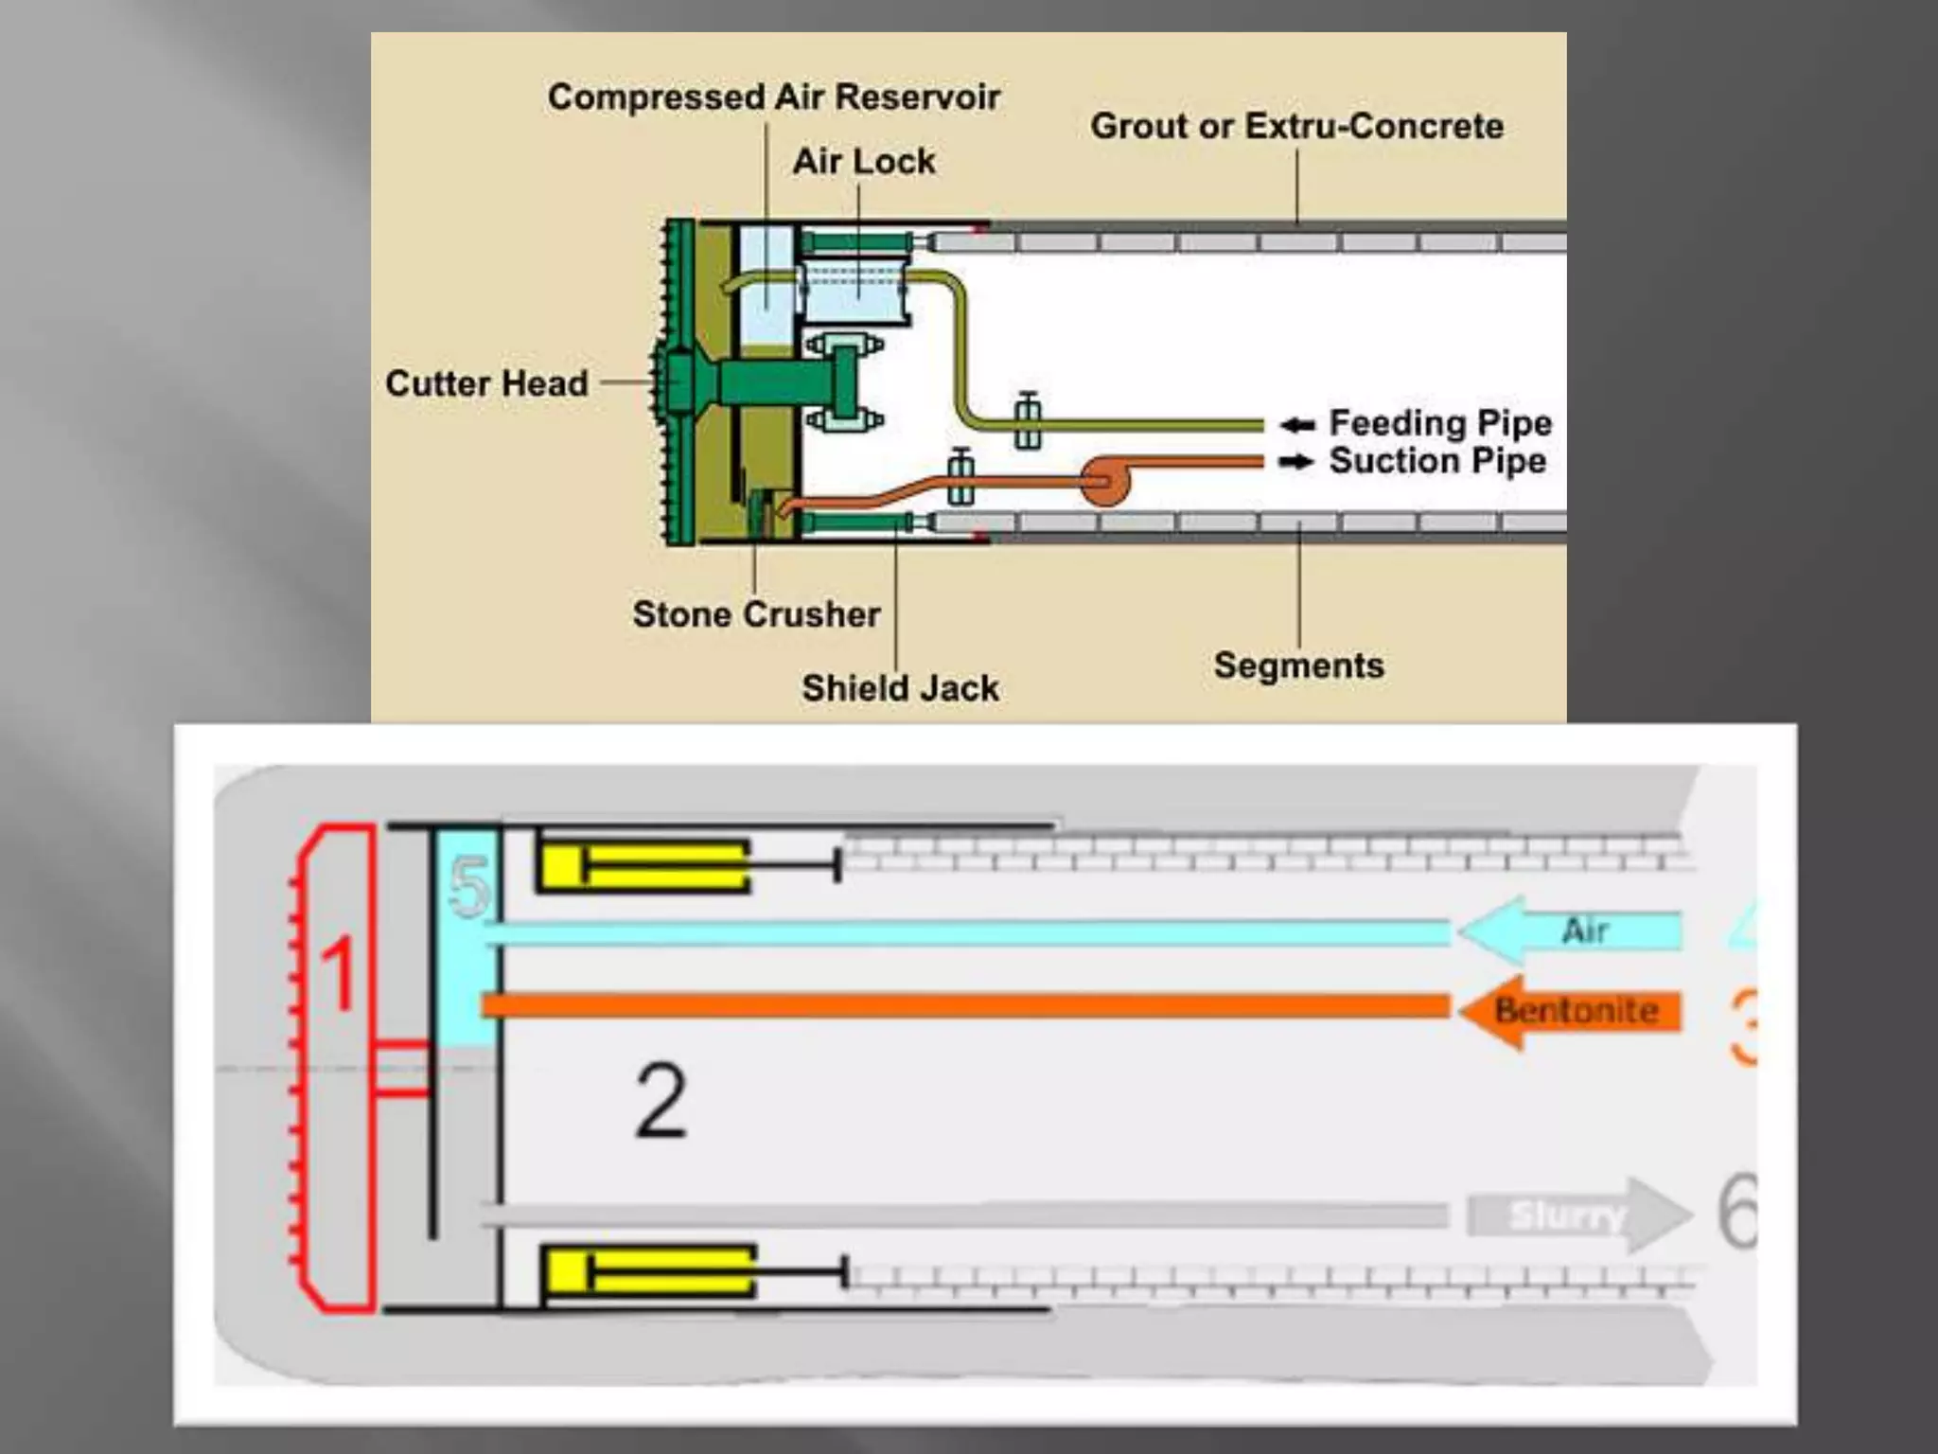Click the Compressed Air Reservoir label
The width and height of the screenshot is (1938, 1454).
point(773,98)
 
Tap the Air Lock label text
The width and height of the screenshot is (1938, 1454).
point(863,162)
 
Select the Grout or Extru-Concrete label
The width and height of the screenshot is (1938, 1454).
point(1296,126)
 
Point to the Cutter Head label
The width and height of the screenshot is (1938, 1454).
point(486,383)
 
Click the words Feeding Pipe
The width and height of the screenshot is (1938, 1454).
point(1439,423)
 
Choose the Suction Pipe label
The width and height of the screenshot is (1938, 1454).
point(1437,461)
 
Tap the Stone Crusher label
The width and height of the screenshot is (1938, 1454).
point(756,614)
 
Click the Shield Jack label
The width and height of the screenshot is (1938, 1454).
point(900,688)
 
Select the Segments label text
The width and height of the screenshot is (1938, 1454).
point(1298,665)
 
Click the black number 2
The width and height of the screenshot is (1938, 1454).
point(661,1100)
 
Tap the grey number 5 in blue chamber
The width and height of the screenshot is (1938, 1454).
point(469,887)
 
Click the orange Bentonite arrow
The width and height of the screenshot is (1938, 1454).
point(1571,1011)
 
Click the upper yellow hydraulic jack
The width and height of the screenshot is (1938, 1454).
point(643,865)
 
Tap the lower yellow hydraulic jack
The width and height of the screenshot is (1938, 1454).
point(648,1271)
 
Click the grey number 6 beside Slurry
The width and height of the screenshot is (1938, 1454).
point(1737,1212)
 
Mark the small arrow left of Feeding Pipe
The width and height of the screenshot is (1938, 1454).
point(1297,425)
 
